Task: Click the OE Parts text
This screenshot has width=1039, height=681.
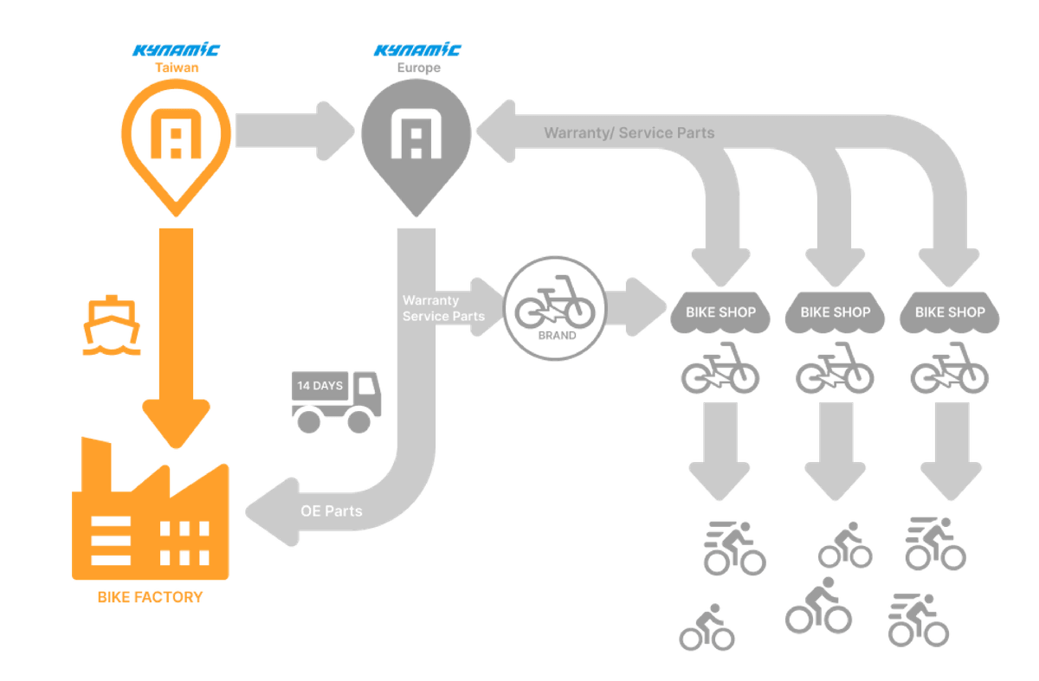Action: [331, 511]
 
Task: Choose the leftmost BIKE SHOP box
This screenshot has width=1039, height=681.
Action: [720, 312]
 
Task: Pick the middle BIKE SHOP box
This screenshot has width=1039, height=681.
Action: [835, 312]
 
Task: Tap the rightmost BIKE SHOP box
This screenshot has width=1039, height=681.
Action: [949, 312]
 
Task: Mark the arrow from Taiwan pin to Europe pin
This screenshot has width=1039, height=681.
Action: [294, 130]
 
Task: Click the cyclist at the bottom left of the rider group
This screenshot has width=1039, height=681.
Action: [707, 629]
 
